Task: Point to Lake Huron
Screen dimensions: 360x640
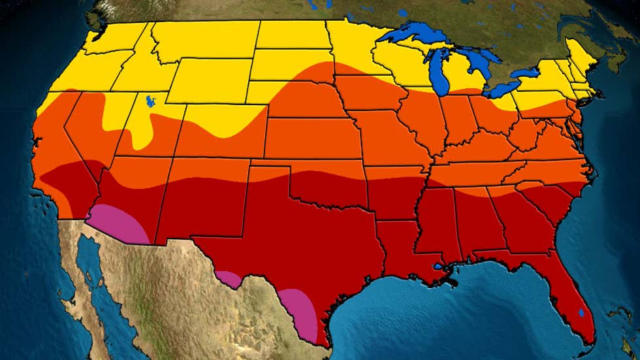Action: click(480, 63)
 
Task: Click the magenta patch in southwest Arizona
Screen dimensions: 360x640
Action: click(121, 224)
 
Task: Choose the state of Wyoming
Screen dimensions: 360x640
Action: click(209, 81)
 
